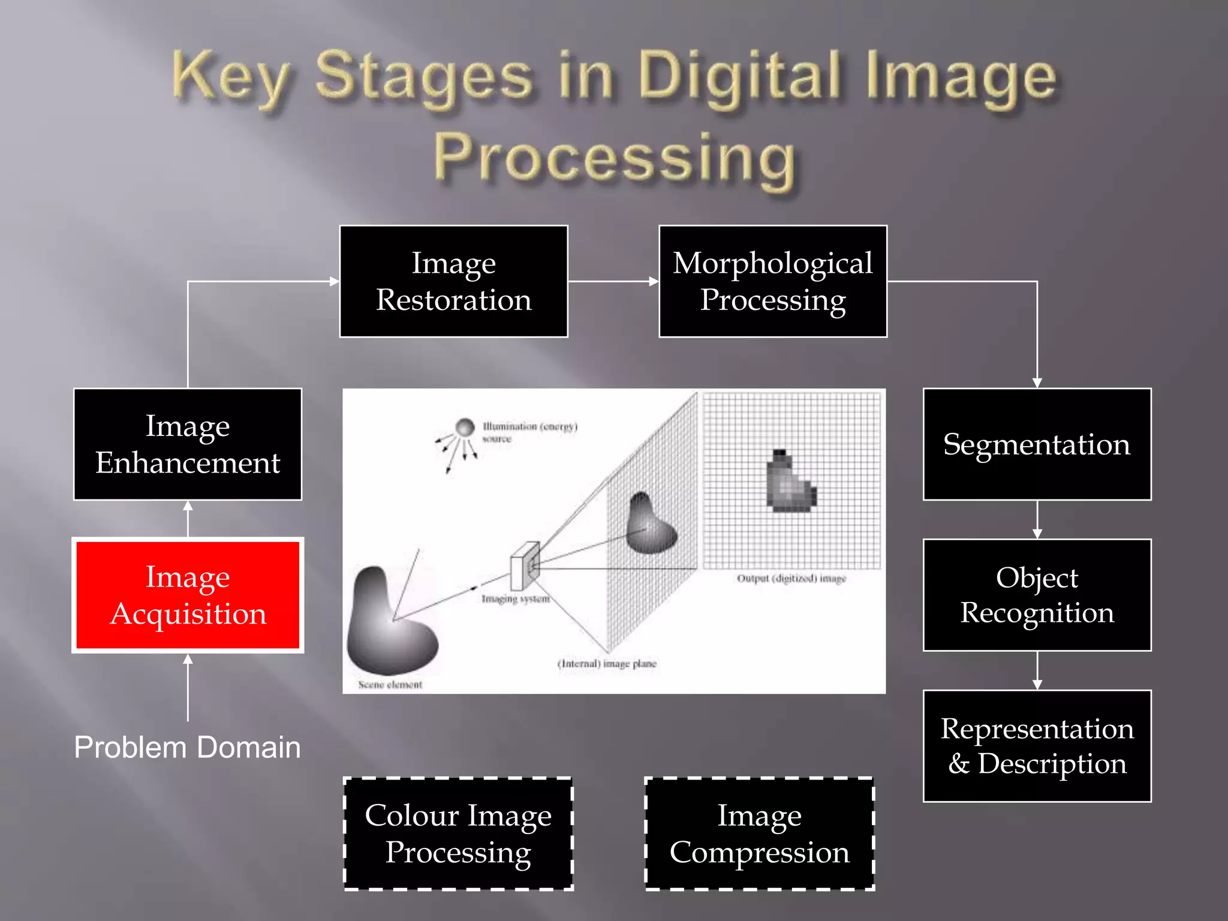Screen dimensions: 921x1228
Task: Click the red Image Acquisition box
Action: pos(188,595)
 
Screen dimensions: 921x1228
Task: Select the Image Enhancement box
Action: pos(188,444)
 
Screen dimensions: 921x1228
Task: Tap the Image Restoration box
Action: pos(453,281)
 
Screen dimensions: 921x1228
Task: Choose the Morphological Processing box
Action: pos(773,281)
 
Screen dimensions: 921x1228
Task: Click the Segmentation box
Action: pos(1037,444)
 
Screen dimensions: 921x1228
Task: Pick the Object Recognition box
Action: pos(1037,595)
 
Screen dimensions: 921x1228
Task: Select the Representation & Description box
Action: pos(1037,746)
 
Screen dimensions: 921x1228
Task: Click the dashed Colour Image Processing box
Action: pos(458,833)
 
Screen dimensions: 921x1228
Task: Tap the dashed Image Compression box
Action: pos(759,833)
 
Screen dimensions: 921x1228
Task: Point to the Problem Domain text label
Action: pos(187,748)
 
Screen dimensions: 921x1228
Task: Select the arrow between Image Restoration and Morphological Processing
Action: pos(613,281)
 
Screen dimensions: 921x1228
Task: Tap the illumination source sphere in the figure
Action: pos(465,427)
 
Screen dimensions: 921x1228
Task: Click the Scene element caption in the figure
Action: pos(390,685)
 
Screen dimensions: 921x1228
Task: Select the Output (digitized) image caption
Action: pos(791,579)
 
